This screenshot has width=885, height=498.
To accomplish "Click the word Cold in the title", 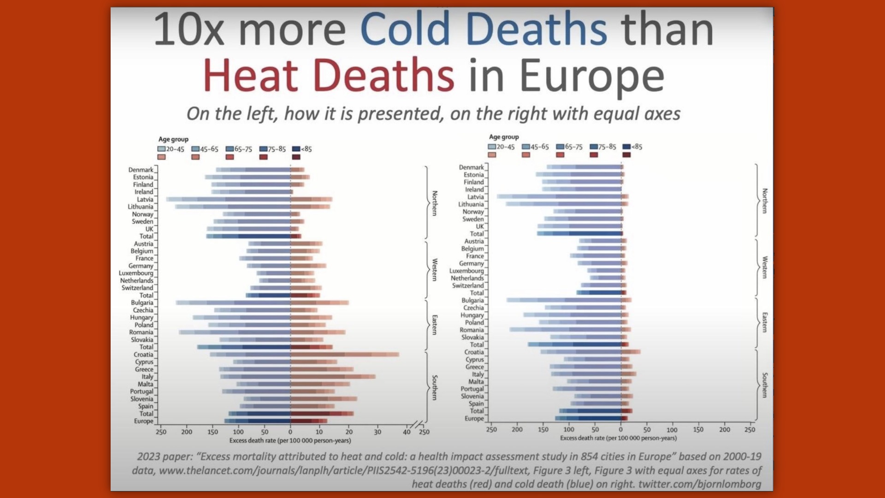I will (x=405, y=29).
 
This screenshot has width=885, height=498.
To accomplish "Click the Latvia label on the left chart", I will (x=145, y=199).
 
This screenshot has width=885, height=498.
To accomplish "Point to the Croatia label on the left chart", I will (x=143, y=355).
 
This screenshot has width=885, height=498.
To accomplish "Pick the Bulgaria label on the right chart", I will (x=472, y=300).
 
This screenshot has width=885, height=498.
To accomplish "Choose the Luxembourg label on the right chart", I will (x=466, y=271).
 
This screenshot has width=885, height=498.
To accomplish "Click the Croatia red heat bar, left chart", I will (x=344, y=355).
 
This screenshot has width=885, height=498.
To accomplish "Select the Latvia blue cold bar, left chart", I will (x=228, y=199).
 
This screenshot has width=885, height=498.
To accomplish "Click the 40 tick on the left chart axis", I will (x=407, y=432).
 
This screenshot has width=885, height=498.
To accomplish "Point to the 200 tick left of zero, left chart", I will (x=187, y=432).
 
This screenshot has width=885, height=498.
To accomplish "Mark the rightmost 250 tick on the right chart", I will (x=750, y=430).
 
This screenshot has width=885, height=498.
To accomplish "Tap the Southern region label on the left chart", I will (x=435, y=387).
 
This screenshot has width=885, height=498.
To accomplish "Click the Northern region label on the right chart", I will (x=765, y=201).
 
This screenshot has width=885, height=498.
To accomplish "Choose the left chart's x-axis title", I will (x=290, y=440).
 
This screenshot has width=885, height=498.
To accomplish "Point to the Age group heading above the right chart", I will (x=504, y=137).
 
